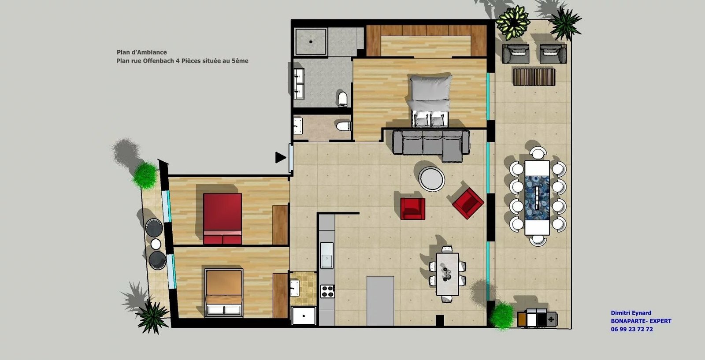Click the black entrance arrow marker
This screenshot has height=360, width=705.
(x=280, y=157)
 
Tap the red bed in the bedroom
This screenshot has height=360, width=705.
(x=223, y=219)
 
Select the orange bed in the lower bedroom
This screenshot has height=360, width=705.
(x=223, y=292)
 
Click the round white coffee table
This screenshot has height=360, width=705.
(x=431, y=179)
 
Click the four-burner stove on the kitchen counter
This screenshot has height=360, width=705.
(x=327, y=291)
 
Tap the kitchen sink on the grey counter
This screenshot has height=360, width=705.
(x=327, y=255)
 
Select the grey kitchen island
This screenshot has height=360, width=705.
(x=380, y=301)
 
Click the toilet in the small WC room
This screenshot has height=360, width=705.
(x=343, y=126)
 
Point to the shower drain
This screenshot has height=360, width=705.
(x=311, y=41)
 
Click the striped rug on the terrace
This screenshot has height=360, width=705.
(x=534, y=77)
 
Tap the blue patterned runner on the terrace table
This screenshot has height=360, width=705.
(x=537, y=197)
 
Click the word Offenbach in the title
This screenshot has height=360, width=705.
(x=158, y=61)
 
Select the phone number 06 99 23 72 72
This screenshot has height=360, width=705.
(x=632, y=329)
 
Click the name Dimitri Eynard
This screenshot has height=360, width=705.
(x=631, y=313)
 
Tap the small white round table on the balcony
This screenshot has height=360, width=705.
(x=156, y=244)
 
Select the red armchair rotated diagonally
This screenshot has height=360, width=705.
(x=468, y=203)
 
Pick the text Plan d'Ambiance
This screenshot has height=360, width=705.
(x=141, y=52)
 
